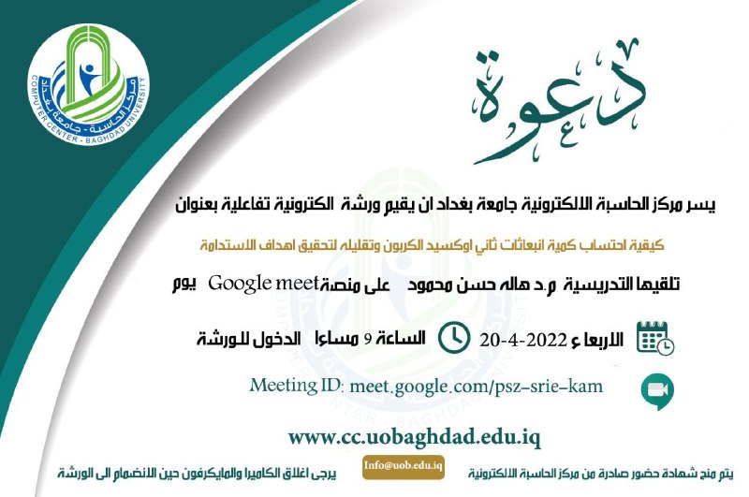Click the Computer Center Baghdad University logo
pos(88,84)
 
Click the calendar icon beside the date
pos(654,338)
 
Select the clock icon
pos(454,338)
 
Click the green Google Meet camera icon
pos(657,391)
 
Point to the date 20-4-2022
pos(523,341)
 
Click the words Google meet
pos(263,284)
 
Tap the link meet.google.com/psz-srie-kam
pos(477,387)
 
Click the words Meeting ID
pos(296,385)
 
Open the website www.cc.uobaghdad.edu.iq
pos(414,437)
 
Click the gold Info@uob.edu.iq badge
pos(404,466)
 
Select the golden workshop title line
pos(432,245)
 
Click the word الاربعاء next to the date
pos(597,340)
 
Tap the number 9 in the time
pos(368,340)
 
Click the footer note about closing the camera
pos(197,473)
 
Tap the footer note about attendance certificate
pos(600,473)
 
